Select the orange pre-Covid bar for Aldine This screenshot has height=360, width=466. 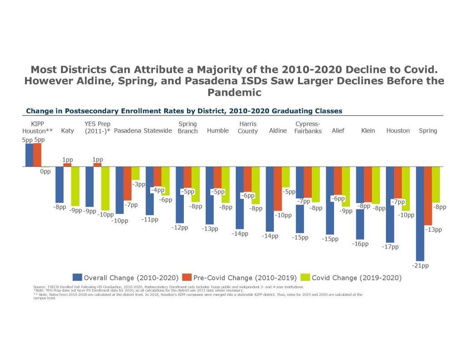click(278, 188)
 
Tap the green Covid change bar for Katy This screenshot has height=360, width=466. click(75, 186)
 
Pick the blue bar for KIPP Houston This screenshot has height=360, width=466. click(30, 155)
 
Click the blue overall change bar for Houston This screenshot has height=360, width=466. click(390, 204)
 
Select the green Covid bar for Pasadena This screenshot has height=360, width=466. click(135, 173)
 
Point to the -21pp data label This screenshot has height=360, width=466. click(420, 265)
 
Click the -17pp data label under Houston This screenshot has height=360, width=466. click(390, 247)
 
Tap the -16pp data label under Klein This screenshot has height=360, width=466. click(360, 244)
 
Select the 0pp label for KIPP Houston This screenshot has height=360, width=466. click(45, 173)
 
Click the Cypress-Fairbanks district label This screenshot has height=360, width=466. click(308, 127)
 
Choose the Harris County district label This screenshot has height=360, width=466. click(248, 127)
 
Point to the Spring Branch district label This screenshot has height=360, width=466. click(187, 127)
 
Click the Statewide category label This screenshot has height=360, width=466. click(157, 131)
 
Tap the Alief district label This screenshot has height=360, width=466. click(338, 131)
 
